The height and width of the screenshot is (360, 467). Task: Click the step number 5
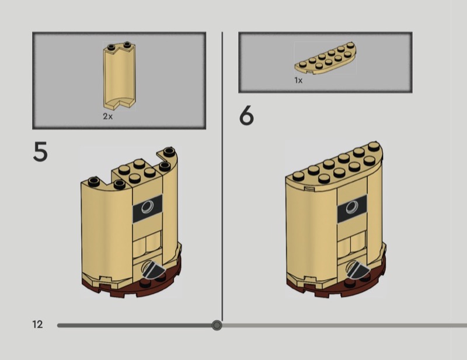click(40, 152)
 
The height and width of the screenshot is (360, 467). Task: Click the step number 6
click(246, 116)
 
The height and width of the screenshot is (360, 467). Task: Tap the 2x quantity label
click(108, 117)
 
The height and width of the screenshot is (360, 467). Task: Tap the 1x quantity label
click(298, 81)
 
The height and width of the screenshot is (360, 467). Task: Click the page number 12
click(37, 324)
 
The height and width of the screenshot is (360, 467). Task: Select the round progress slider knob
click(217, 325)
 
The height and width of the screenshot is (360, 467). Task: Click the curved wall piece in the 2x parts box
click(120, 76)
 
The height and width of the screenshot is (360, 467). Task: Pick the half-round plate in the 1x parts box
click(326, 58)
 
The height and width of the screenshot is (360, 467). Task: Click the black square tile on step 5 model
click(148, 208)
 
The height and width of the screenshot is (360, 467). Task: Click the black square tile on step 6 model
click(352, 208)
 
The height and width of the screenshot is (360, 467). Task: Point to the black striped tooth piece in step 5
click(154, 269)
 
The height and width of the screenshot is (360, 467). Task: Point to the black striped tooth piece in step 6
click(358, 269)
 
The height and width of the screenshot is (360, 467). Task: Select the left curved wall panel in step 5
click(106, 229)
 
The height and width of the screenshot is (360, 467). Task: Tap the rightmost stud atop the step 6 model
click(374, 147)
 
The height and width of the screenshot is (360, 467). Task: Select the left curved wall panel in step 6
click(311, 232)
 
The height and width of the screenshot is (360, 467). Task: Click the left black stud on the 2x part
click(112, 47)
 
